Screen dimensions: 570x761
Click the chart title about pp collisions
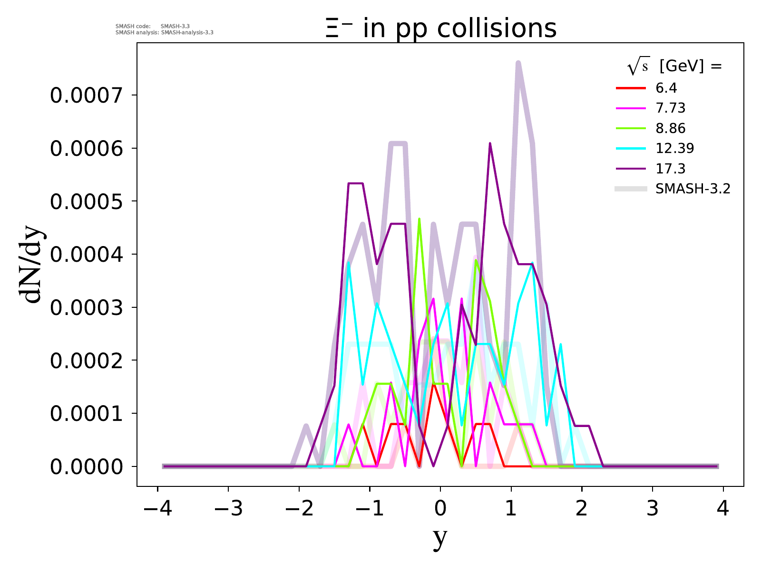(x=440, y=28)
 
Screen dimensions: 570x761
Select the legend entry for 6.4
(x=666, y=88)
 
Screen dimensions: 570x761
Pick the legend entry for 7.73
(x=671, y=108)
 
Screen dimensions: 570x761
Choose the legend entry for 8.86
(x=671, y=128)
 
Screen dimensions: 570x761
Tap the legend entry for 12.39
(x=674, y=148)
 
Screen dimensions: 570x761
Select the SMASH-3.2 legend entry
(x=693, y=189)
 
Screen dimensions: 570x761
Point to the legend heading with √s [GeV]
(x=674, y=67)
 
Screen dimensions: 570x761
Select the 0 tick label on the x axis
(x=440, y=508)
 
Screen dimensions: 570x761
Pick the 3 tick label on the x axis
(x=653, y=508)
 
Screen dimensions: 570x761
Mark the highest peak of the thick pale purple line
(x=518, y=63)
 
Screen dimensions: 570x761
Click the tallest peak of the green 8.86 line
(x=419, y=219)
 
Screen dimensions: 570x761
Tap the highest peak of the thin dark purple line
(x=490, y=143)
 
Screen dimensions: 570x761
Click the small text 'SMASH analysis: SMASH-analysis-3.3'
(x=165, y=33)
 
